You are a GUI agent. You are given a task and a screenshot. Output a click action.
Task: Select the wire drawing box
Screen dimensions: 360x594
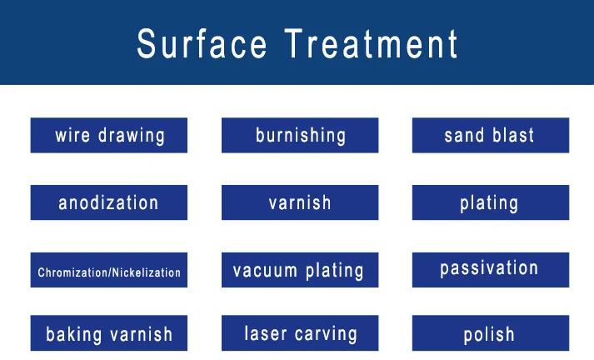pos(109,135)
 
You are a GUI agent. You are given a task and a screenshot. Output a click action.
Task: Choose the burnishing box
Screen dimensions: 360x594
pos(300,135)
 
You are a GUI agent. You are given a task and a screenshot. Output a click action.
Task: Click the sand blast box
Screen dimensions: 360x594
pos(490,135)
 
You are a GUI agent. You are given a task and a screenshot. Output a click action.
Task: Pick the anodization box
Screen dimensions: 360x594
pos(109,202)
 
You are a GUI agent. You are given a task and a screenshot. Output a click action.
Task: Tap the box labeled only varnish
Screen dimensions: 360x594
pos(300,202)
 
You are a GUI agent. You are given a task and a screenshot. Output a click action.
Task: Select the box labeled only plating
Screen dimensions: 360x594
pos(490,202)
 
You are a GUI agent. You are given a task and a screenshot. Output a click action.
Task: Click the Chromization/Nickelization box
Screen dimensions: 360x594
pos(109,271)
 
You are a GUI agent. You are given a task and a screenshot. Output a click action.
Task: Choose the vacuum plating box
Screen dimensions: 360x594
pos(300,270)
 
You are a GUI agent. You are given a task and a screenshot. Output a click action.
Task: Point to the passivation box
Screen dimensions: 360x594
pos(490,269)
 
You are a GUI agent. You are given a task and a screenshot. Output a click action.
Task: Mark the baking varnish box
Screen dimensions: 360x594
pos(109,333)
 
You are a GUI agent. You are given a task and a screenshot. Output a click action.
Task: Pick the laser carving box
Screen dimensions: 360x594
pos(300,333)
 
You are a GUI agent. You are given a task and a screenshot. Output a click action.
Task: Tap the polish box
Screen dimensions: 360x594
pos(490,334)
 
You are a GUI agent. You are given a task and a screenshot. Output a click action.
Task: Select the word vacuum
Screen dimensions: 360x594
pos(266,271)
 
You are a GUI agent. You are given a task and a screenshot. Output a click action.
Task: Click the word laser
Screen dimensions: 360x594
pos(266,334)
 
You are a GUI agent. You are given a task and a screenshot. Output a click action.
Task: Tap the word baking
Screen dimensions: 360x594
pos(74,335)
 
